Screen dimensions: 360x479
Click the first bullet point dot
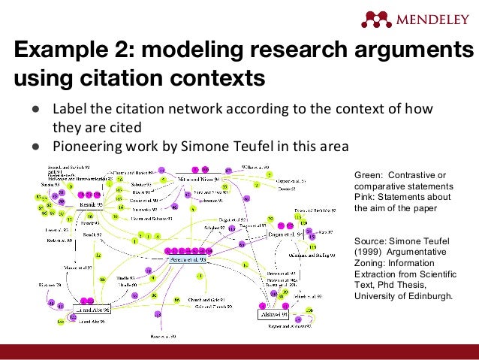coord(35,108)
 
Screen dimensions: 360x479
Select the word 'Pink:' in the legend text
coord(366,196)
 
